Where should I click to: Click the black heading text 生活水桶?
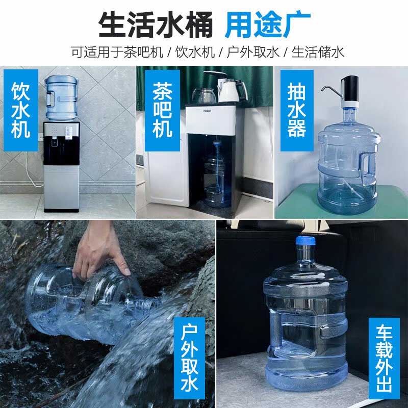click(155, 23)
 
